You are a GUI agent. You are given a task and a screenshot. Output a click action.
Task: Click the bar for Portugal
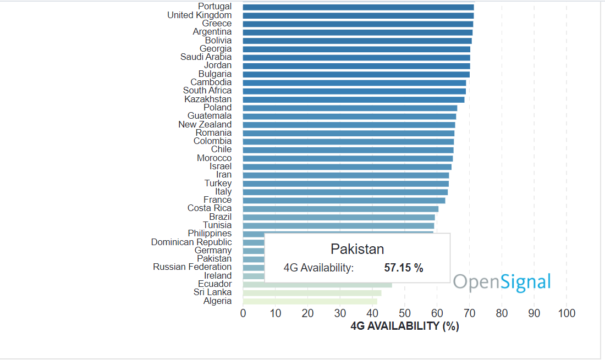tap(358, 7)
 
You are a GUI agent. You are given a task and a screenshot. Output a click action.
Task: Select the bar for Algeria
tap(310, 301)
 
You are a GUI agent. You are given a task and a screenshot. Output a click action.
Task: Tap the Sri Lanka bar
tap(312, 293)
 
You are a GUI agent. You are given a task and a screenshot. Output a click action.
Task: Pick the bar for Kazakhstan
tap(354, 99)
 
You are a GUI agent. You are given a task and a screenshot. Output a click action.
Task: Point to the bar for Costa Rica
tap(340, 209)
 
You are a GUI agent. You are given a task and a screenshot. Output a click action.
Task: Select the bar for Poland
tap(350, 108)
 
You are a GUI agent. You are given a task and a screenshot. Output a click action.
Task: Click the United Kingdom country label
tap(200, 15)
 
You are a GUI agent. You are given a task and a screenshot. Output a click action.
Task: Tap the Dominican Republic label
tap(191, 242)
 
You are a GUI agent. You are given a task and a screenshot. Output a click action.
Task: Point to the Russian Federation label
tap(193, 267)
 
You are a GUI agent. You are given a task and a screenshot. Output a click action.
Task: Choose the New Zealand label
tap(205, 125)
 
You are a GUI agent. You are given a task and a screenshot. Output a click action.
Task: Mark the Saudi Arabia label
tap(206, 57)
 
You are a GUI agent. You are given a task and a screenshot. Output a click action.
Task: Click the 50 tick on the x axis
tap(405, 313)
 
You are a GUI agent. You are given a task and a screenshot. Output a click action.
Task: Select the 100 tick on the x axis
tap(566, 313)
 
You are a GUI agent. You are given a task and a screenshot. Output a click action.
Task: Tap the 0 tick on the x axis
tap(243, 313)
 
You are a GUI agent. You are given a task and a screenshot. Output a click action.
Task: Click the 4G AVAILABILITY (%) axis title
tap(405, 326)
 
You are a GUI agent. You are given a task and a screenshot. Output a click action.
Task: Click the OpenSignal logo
tap(502, 283)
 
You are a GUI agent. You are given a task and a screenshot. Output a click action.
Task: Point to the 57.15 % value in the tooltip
tap(404, 268)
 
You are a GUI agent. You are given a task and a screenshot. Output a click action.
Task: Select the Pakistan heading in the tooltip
tap(357, 249)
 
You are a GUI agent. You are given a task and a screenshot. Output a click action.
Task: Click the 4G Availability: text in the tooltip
tap(318, 268)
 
